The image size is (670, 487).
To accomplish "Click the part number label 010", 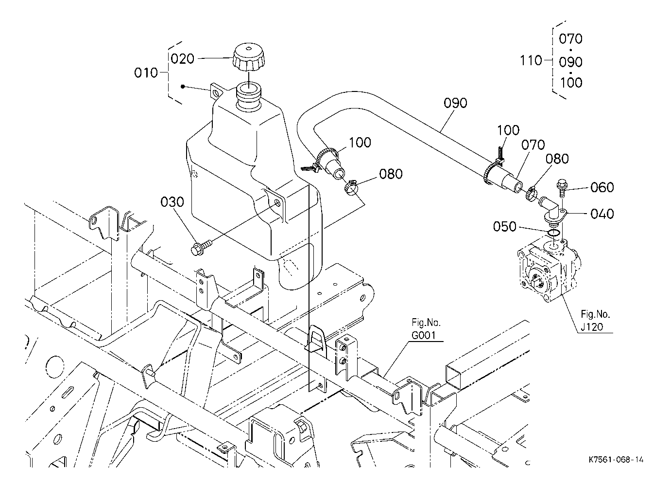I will [x=146, y=73].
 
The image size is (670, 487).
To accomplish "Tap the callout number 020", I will [x=183, y=59].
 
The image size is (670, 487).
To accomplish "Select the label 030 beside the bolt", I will [x=173, y=202].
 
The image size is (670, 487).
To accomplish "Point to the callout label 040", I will [x=602, y=214].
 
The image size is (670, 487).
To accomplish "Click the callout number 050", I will [x=505, y=227].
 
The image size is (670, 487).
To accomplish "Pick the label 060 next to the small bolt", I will [x=602, y=187].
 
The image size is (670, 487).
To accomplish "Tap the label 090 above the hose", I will [x=455, y=103].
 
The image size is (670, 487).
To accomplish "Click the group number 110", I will [x=531, y=61].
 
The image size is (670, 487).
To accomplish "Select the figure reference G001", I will [x=423, y=335].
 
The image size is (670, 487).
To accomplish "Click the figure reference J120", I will [x=592, y=327].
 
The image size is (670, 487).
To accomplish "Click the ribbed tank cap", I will [x=248, y=58].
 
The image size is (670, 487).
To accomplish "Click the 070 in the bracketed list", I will [x=570, y=39].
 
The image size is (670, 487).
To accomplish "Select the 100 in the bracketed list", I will [x=570, y=83].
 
